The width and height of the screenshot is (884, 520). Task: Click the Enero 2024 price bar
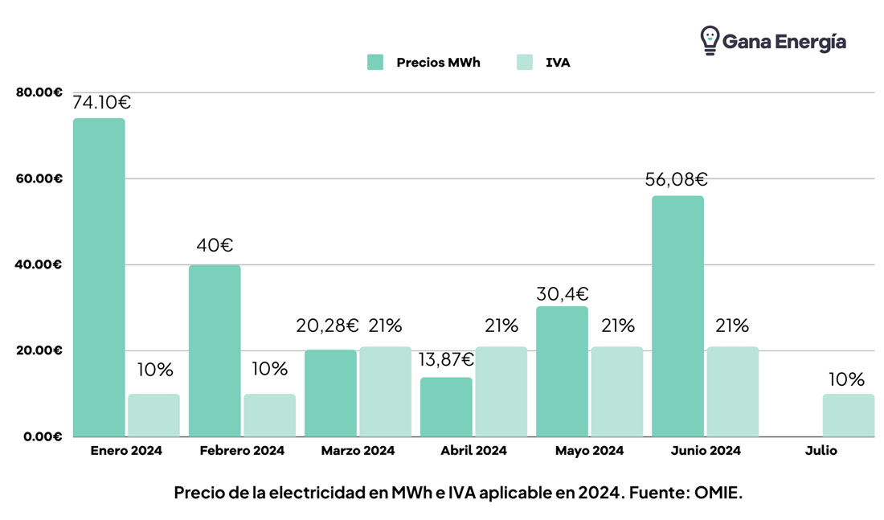pos(99,277)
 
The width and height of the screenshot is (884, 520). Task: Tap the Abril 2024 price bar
pos(446,407)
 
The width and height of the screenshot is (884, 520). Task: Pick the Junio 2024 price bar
pos(677,316)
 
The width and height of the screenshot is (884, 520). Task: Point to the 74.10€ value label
pos(102,102)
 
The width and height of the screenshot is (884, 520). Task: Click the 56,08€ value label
pos(676,179)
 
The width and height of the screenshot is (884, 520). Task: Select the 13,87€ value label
pos(444,359)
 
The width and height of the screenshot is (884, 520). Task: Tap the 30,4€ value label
pos(562,293)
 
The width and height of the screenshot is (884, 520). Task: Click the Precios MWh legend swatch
pos(375,62)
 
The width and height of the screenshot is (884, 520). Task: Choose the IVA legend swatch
pos(524,62)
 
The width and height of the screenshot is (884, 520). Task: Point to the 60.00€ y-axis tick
pos(39,178)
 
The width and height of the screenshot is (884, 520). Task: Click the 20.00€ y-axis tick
pos(39,350)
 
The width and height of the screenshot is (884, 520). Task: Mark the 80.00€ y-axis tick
pos(39,92)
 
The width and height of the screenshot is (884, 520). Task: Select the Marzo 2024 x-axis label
pos(358,451)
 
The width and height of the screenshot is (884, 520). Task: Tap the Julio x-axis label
pos(821,451)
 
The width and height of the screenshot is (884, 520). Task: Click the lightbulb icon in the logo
pos(709,40)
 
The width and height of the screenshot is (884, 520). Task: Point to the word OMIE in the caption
pos(718,493)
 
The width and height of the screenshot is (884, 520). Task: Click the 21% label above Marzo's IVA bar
pos(385,326)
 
